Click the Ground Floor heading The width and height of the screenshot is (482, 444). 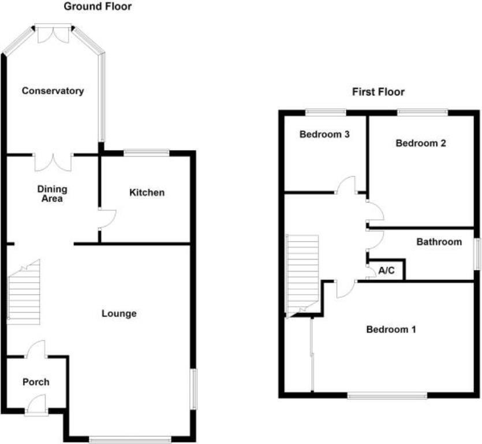click(97, 7)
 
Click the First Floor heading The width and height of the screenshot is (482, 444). click(378, 92)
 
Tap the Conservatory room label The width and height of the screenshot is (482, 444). click(53, 91)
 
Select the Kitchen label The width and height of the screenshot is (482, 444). click(147, 193)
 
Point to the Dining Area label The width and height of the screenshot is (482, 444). click(52, 194)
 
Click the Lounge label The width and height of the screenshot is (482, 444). click(119, 314)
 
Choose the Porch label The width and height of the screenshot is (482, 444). click(36, 382)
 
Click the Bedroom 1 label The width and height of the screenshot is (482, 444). click(391, 330)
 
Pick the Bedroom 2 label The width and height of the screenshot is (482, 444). click(421, 143)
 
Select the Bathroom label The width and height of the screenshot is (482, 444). click(439, 242)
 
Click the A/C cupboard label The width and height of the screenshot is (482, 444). click(386, 271)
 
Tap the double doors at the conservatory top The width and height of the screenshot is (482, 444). click(53, 34)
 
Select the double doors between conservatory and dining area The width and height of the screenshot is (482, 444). click(53, 162)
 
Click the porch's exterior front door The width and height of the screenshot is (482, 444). click(37, 403)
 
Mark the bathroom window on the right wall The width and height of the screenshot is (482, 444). click(477, 253)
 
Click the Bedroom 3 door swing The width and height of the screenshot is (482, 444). click(346, 185)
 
